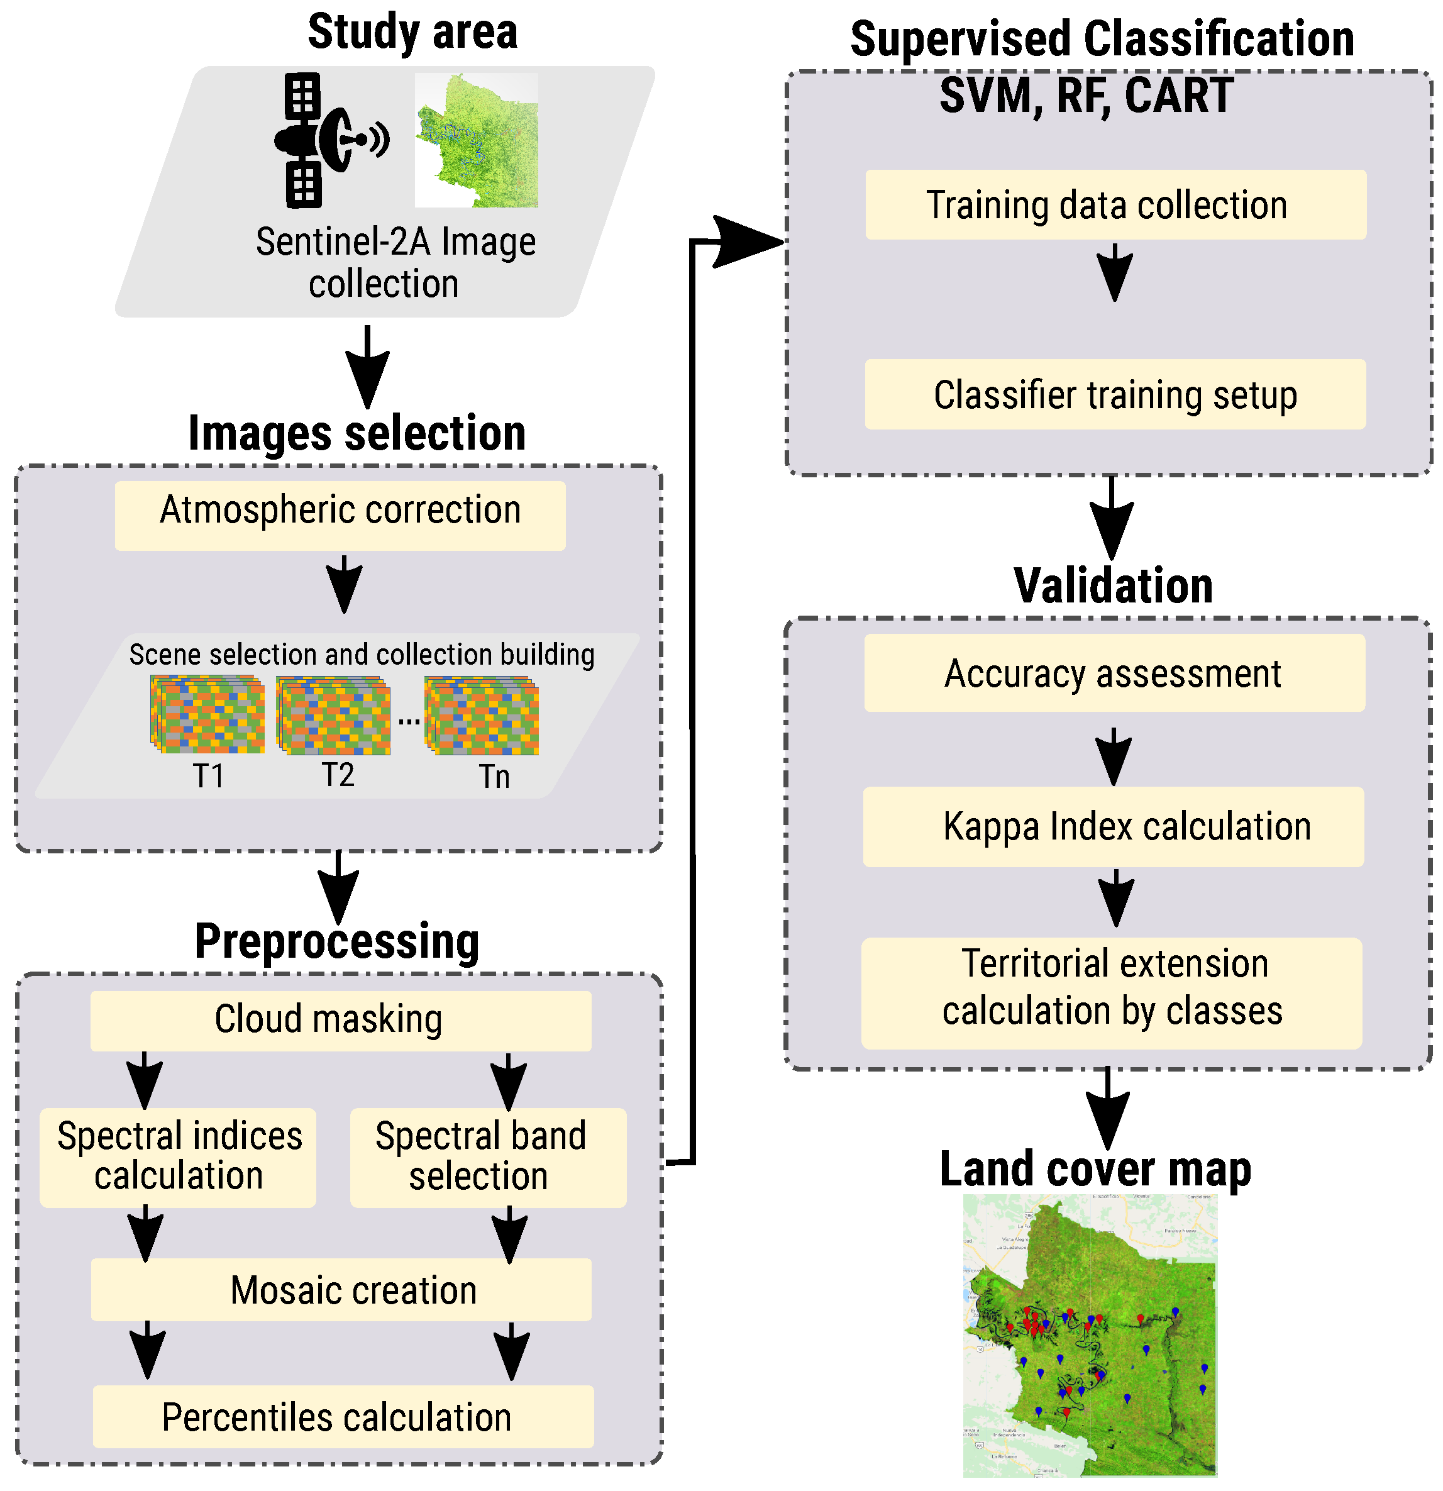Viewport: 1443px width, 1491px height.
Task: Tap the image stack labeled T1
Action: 207,716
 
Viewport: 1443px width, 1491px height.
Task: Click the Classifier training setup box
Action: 1116,395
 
